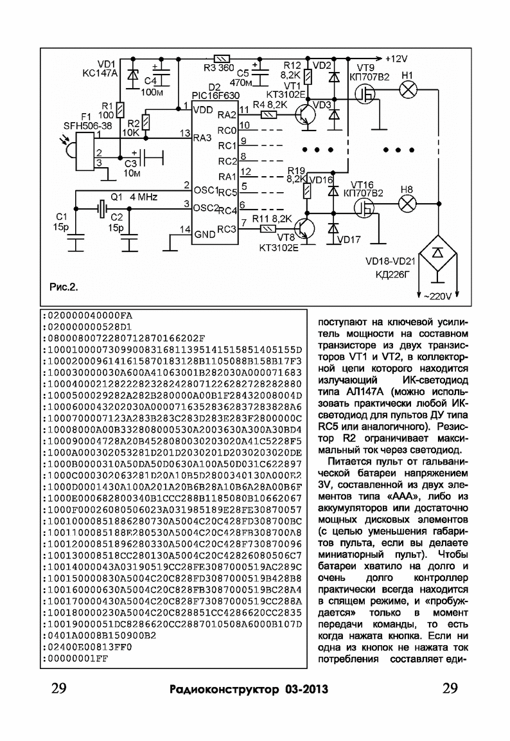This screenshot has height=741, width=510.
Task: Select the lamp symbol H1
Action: click(407, 89)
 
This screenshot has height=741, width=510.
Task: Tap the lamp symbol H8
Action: click(407, 204)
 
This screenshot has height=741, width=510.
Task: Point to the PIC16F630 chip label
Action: click(216, 96)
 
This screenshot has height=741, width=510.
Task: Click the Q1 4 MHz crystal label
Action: click(134, 197)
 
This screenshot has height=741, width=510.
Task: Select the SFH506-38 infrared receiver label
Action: click(87, 126)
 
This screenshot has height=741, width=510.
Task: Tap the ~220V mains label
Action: click(437, 296)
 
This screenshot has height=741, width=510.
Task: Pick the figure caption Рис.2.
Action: click(64, 287)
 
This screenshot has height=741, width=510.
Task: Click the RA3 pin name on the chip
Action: click(202, 138)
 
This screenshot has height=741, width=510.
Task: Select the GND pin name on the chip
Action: click(205, 234)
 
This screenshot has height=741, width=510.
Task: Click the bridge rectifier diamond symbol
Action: click(438, 254)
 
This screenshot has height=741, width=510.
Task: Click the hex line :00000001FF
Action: click(75, 659)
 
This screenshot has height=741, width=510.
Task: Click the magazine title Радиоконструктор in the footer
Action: click(224, 690)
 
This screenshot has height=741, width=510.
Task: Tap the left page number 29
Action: click(59, 688)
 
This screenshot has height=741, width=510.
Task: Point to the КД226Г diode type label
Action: click(392, 274)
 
